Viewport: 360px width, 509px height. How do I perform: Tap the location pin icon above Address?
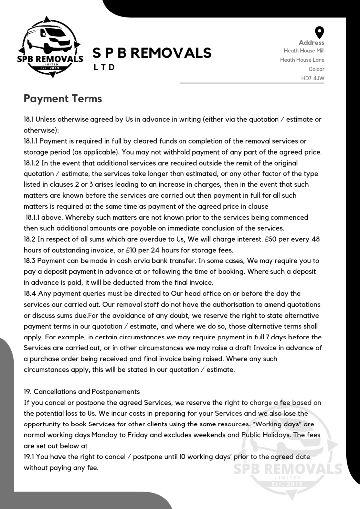[x=320, y=33]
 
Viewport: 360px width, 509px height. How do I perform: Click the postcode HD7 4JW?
[x=313, y=78]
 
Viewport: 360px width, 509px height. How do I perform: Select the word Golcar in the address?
[x=316, y=69]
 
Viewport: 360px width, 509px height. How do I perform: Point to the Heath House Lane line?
[x=302, y=60]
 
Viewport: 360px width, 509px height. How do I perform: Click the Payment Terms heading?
[x=63, y=98]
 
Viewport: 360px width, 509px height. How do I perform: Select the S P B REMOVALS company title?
[x=152, y=53]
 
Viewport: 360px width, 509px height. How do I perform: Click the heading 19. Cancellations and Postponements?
[x=82, y=391]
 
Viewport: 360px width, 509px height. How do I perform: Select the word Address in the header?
[x=312, y=43]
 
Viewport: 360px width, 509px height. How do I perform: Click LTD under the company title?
[x=105, y=67]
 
